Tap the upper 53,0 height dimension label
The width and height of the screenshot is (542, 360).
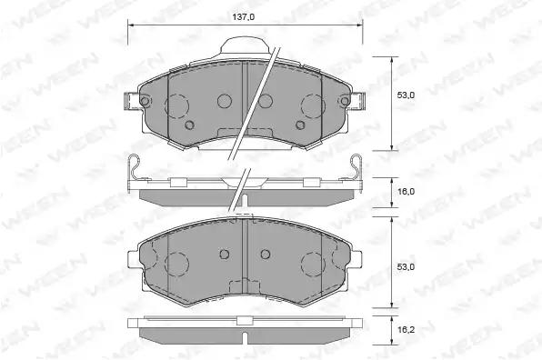(406, 95)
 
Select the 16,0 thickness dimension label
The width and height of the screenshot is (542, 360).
(406, 192)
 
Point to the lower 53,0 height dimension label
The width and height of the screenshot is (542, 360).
(406, 267)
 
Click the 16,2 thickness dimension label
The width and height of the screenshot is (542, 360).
(406, 330)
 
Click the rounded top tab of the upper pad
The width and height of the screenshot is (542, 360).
(245, 45)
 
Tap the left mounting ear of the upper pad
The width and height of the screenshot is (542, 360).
(133, 101)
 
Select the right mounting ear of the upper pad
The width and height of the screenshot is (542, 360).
(357, 101)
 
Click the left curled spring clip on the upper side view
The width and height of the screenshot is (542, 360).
(134, 167)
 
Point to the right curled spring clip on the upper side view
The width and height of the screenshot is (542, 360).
(356, 167)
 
